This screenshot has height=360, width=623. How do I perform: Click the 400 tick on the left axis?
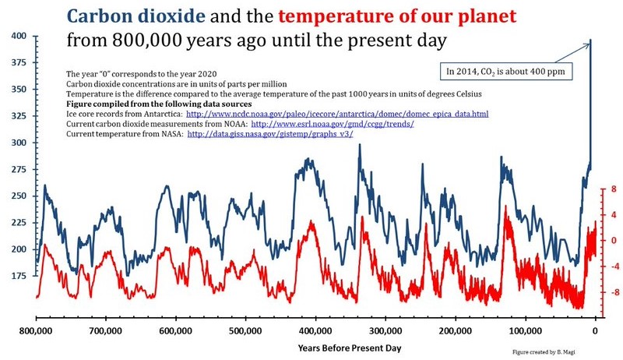click(x=18, y=37)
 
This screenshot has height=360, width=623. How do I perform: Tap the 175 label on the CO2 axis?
click(x=18, y=276)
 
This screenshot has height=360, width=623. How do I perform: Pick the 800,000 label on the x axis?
click(x=37, y=330)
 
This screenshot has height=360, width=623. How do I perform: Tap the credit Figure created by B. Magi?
click(x=551, y=352)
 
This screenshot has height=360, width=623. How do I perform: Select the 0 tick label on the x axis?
click(x=595, y=330)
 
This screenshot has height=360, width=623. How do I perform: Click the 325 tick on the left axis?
click(x=18, y=116)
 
